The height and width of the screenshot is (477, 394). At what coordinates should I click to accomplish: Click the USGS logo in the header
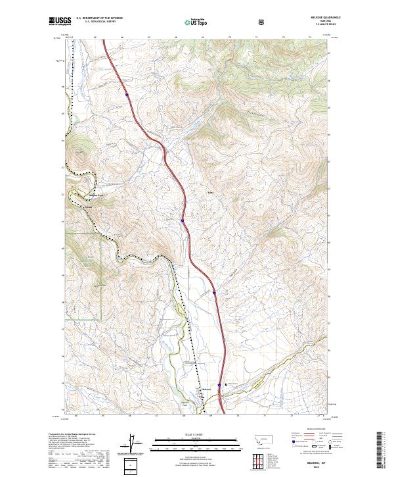(x=60, y=21)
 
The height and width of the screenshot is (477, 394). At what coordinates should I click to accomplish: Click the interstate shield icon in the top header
(x=263, y=22)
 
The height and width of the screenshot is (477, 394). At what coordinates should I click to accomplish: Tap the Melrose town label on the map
(x=206, y=390)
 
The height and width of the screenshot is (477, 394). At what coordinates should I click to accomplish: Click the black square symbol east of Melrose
(x=227, y=385)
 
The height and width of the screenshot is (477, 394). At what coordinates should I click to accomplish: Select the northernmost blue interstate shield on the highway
(x=127, y=95)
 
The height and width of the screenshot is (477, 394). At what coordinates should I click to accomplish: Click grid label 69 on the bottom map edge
(x=211, y=415)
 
